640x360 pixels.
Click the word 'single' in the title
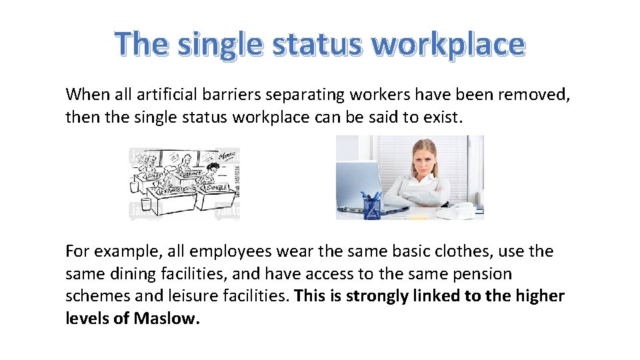pyautogui.click(x=217, y=45)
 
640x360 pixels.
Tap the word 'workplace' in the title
pyautogui.click(x=448, y=45)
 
